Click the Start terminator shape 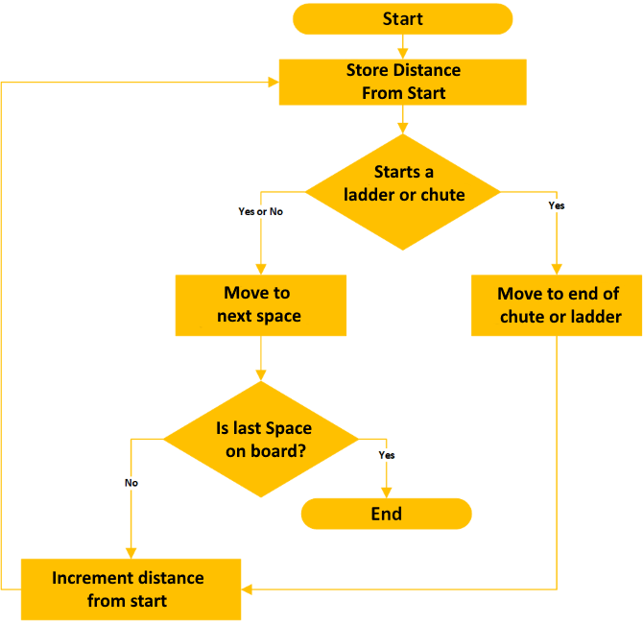pyautogui.click(x=402, y=19)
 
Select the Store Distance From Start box pyautogui.click(x=402, y=82)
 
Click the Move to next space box pyautogui.click(x=260, y=305)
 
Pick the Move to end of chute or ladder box pyautogui.click(x=557, y=305)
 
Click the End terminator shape pyautogui.click(x=386, y=514)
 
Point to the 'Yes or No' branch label pyautogui.click(x=260, y=211)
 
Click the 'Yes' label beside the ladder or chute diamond pyautogui.click(x=556, y=205)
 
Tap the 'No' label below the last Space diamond pyautogui.click(x=131, y=483)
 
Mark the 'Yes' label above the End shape pyautogui.click(x=387, y=455)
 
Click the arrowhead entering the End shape pyautogui.click(x=387, y=493)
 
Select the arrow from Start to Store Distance pyautogui.click(x=403, y=45)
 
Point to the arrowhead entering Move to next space pyautogui.click(x=260, y=271)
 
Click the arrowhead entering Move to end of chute pyautogui.click(x=557, y=271)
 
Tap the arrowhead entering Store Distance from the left pyautogui.click(x=274, y=83)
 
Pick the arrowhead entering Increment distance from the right pyautogui.click(x=247, y=588)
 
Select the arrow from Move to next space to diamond pyautogui.click(x=261, y=359)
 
